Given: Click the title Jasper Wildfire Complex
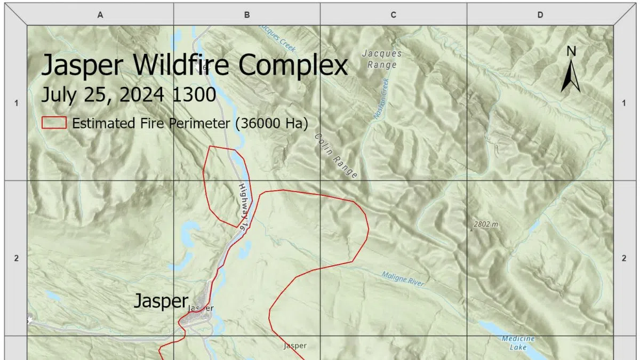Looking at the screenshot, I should [x=195, y=66].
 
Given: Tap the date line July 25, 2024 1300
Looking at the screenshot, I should [x=129, y=95].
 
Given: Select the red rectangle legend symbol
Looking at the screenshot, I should [x=54, y=123].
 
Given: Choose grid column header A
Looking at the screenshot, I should [x=100, y=15].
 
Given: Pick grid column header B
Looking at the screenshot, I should [x=247, y=15].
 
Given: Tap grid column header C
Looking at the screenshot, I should [x=394, y=15].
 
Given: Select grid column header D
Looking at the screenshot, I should [x=540, y=15].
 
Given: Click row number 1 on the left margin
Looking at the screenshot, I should [x=17, y=103].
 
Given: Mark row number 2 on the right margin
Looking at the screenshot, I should [x=624, y=258].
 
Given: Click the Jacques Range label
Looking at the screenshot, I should [x=382, y=59].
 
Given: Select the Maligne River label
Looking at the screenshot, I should [x=403, y=279].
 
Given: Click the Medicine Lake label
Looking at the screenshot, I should [x=518, y=343].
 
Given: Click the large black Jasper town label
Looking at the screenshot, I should [x=161, y=301].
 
